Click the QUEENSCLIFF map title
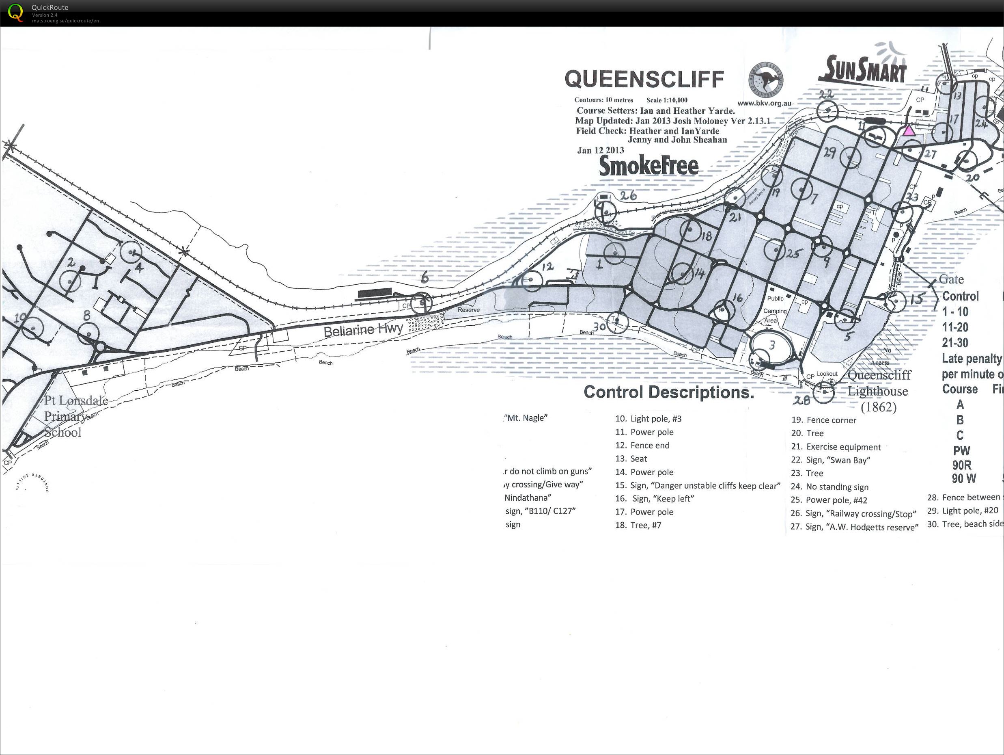[x=644, y=79]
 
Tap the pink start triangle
[x=908, y=131]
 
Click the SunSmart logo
[x=862, y=70]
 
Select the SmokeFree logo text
[x=649, y=166]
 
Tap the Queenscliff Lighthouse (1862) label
[x=878, y=391]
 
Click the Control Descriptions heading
[x=668, y=392]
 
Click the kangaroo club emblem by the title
[x=766, y=80]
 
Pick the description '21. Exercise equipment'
[x=836, y=447]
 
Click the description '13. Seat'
[x=631, y=459]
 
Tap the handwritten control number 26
[x=628, y=196]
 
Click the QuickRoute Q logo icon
[x=15, y=12]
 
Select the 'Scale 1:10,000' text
[x=667, y=100]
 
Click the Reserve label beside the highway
[x=468, y=310]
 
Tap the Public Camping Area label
[x=775, y=311]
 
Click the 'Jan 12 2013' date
[x=600, y=150]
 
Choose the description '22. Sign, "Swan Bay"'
[x=830, y=460]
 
